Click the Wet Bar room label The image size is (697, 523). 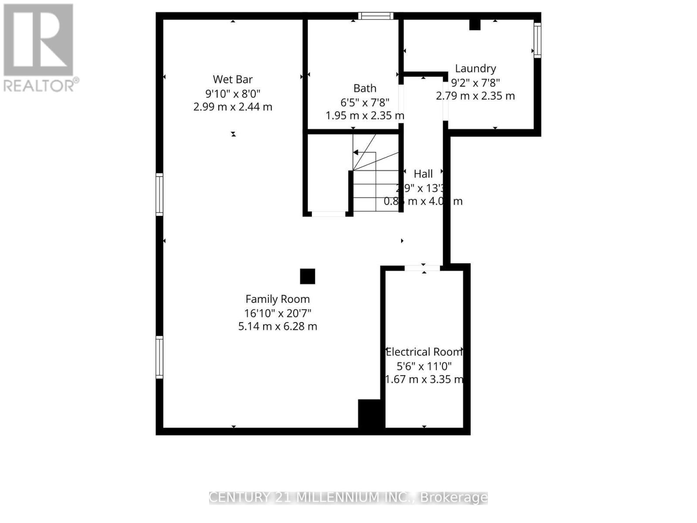(233, 79)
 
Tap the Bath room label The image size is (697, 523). (365, 88)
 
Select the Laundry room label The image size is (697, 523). (475, 68)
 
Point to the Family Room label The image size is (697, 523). (277, 299)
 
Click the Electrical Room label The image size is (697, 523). (424, 352)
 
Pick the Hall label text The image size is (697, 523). (423, 174)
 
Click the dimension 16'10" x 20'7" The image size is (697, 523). (277, 313)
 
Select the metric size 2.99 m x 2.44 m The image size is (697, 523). (233, 107)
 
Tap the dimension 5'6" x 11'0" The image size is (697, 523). (424, 366)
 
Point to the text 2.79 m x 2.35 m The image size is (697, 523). (475, 96)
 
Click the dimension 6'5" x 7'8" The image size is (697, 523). (365, 102)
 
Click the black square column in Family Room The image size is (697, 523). (308, 276)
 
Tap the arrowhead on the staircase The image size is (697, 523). (355, 153)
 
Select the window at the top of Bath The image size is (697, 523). (376, 16)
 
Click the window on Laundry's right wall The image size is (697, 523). (538, 40)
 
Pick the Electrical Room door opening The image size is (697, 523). (422, 268)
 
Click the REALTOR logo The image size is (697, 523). (40, 48)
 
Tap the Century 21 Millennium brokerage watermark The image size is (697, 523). (348, 497)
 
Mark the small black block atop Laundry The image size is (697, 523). (474, 25)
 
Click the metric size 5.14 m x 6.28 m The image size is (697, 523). (277, 326)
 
